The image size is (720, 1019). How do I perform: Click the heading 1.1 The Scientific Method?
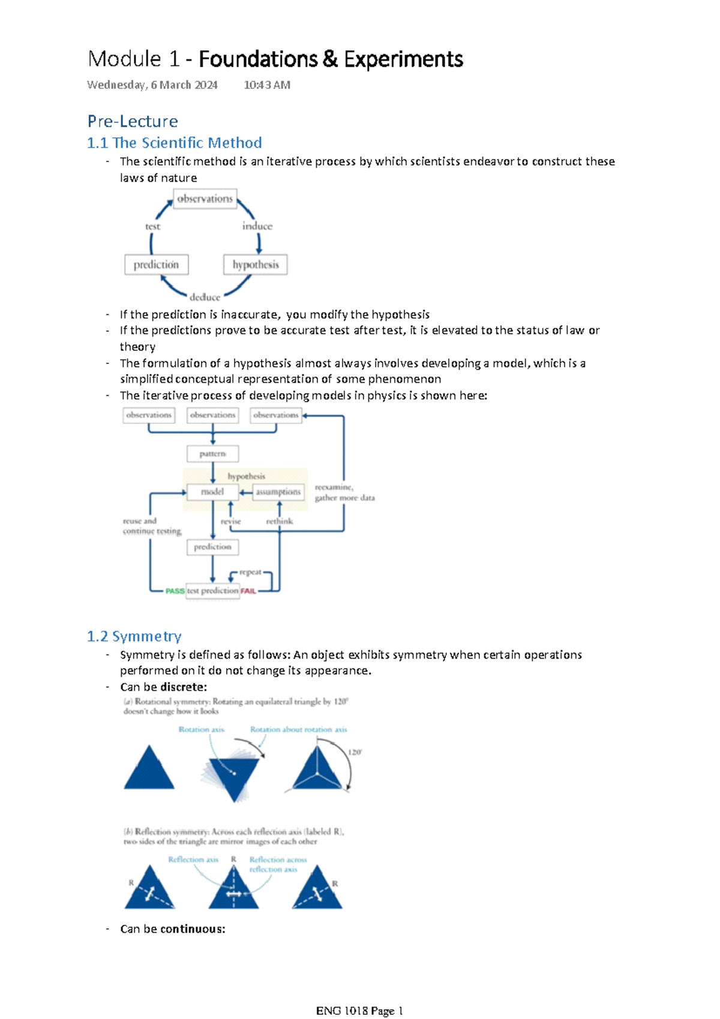[x=174, y=143]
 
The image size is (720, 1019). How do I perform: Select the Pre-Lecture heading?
[x=133, y=121]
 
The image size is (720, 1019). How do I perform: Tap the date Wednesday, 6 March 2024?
[x=152, y=85]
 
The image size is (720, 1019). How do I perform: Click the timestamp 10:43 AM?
[x=267, y=85]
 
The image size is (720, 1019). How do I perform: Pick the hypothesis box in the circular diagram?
[x=256, y=264]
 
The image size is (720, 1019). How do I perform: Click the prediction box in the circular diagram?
[x=156, y=264]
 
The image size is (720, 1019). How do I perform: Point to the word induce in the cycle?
[x=257, y=226]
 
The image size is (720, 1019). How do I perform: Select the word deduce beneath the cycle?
[x=205, y=297]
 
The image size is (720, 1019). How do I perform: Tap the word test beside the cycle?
[x=152, y=227]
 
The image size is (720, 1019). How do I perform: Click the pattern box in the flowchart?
[x=212, y=453]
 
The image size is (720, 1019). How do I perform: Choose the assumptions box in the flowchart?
[x=278, y=492]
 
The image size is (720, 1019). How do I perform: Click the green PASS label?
[x=175, y=591]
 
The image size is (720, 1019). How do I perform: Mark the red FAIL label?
[x=248, y=591]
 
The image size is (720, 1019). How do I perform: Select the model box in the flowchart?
[x=212, y=492]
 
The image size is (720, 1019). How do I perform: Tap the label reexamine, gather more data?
[x=344, y=492]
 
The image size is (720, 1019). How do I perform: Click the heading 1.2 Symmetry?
[x=134, y=636]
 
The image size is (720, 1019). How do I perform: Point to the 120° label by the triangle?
[x=355, y=752]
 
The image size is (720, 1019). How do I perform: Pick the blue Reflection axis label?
[x=193, y=859]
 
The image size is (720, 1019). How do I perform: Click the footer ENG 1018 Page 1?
[x=359, y=1011]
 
